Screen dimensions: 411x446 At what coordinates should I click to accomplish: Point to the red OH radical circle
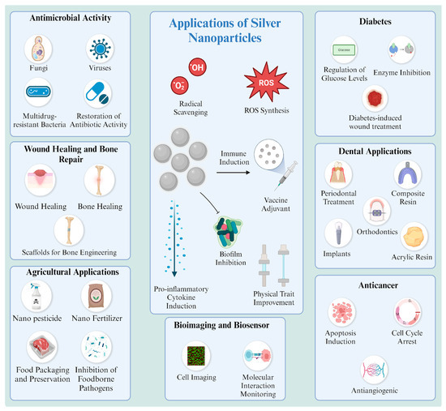[x=196, y=66]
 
